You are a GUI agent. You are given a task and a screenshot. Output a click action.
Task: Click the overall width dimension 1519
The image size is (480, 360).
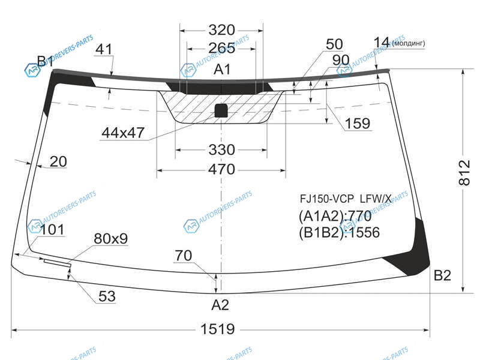point(218,329)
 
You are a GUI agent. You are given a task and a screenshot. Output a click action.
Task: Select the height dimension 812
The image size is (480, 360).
point(464,173)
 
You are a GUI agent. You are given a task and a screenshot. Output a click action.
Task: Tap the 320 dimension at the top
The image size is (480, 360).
point(221,30)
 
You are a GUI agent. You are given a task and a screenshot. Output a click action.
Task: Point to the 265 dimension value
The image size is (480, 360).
point(221,48)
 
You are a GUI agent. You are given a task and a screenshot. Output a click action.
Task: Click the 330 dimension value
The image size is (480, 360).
point(221,149)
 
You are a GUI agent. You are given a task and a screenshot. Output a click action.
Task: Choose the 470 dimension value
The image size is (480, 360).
point(221,169)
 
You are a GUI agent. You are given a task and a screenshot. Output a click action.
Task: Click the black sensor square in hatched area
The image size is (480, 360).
point(221,111)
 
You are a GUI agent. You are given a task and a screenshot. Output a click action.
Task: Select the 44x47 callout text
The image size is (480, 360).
point(123,133)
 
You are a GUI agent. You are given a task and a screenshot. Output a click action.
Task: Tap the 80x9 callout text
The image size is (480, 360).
point(111,238)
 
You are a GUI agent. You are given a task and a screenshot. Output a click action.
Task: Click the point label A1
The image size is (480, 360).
point(222,70)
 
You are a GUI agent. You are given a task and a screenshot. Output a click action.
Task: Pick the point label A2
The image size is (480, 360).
point(220,305)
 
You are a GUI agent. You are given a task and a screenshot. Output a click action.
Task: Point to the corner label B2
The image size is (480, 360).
point(442,275)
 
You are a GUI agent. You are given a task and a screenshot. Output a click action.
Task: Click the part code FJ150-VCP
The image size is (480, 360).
point(326,199)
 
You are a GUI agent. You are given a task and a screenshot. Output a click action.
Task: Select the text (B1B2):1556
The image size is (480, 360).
point(339,233)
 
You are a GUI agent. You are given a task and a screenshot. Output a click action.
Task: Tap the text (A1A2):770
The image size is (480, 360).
point(335,217)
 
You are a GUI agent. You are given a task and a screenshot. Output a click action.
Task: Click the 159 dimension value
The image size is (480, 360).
point(357,124)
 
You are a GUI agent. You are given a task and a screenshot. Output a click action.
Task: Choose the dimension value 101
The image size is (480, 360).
point(52,230)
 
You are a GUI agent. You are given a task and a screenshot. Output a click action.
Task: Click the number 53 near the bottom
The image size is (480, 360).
point(107,296)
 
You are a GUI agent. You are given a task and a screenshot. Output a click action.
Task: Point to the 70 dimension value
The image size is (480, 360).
point(184,256)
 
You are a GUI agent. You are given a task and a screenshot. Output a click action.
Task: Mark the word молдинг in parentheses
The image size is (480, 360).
point(409,43)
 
